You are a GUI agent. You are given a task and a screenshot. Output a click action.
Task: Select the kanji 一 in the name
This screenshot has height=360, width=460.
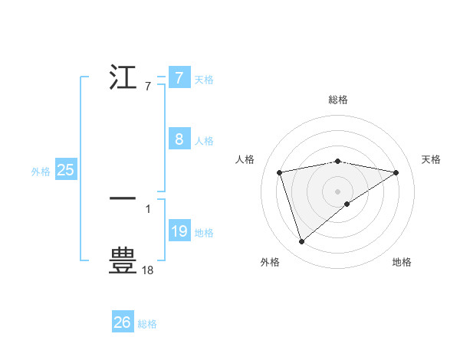pos(123,198)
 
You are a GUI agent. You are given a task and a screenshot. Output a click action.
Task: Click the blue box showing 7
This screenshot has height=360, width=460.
pos(179,77)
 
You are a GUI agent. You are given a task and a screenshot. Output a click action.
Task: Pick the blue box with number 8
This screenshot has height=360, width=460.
pos(179,139)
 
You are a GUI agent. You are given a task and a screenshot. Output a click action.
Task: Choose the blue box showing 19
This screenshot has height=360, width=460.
pos(179,231)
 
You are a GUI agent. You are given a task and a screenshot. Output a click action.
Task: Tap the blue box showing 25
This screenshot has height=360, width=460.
pos(66,170)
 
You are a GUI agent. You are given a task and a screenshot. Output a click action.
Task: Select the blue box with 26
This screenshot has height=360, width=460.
pos(122,322)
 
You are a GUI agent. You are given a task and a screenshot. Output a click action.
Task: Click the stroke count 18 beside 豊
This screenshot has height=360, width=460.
pos(148,270)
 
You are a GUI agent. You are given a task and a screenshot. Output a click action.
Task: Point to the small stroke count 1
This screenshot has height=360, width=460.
pos(148,208)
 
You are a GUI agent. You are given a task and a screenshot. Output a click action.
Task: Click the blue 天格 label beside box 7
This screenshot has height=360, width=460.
pos(204,79)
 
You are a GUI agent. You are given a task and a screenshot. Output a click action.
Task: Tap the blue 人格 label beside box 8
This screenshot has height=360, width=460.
pos(204,140)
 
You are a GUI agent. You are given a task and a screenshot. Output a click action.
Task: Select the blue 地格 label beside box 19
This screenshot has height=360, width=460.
pos(204,232)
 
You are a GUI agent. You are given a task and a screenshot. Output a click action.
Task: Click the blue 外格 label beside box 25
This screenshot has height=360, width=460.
pos(41,172)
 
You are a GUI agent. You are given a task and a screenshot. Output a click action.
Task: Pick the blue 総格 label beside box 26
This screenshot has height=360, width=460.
pos(147,324)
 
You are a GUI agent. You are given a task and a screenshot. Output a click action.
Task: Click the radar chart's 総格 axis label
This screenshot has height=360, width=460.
pos(338,100)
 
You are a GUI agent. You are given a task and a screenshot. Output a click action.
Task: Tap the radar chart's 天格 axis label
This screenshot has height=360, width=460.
pos(432,159)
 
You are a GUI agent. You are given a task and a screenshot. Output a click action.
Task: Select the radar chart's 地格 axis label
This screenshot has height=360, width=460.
pos(402,262)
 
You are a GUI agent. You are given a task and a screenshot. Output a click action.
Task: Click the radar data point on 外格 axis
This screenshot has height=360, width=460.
pos(301,242)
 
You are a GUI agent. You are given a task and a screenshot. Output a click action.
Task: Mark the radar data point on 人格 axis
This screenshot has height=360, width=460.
pos(280,172)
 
